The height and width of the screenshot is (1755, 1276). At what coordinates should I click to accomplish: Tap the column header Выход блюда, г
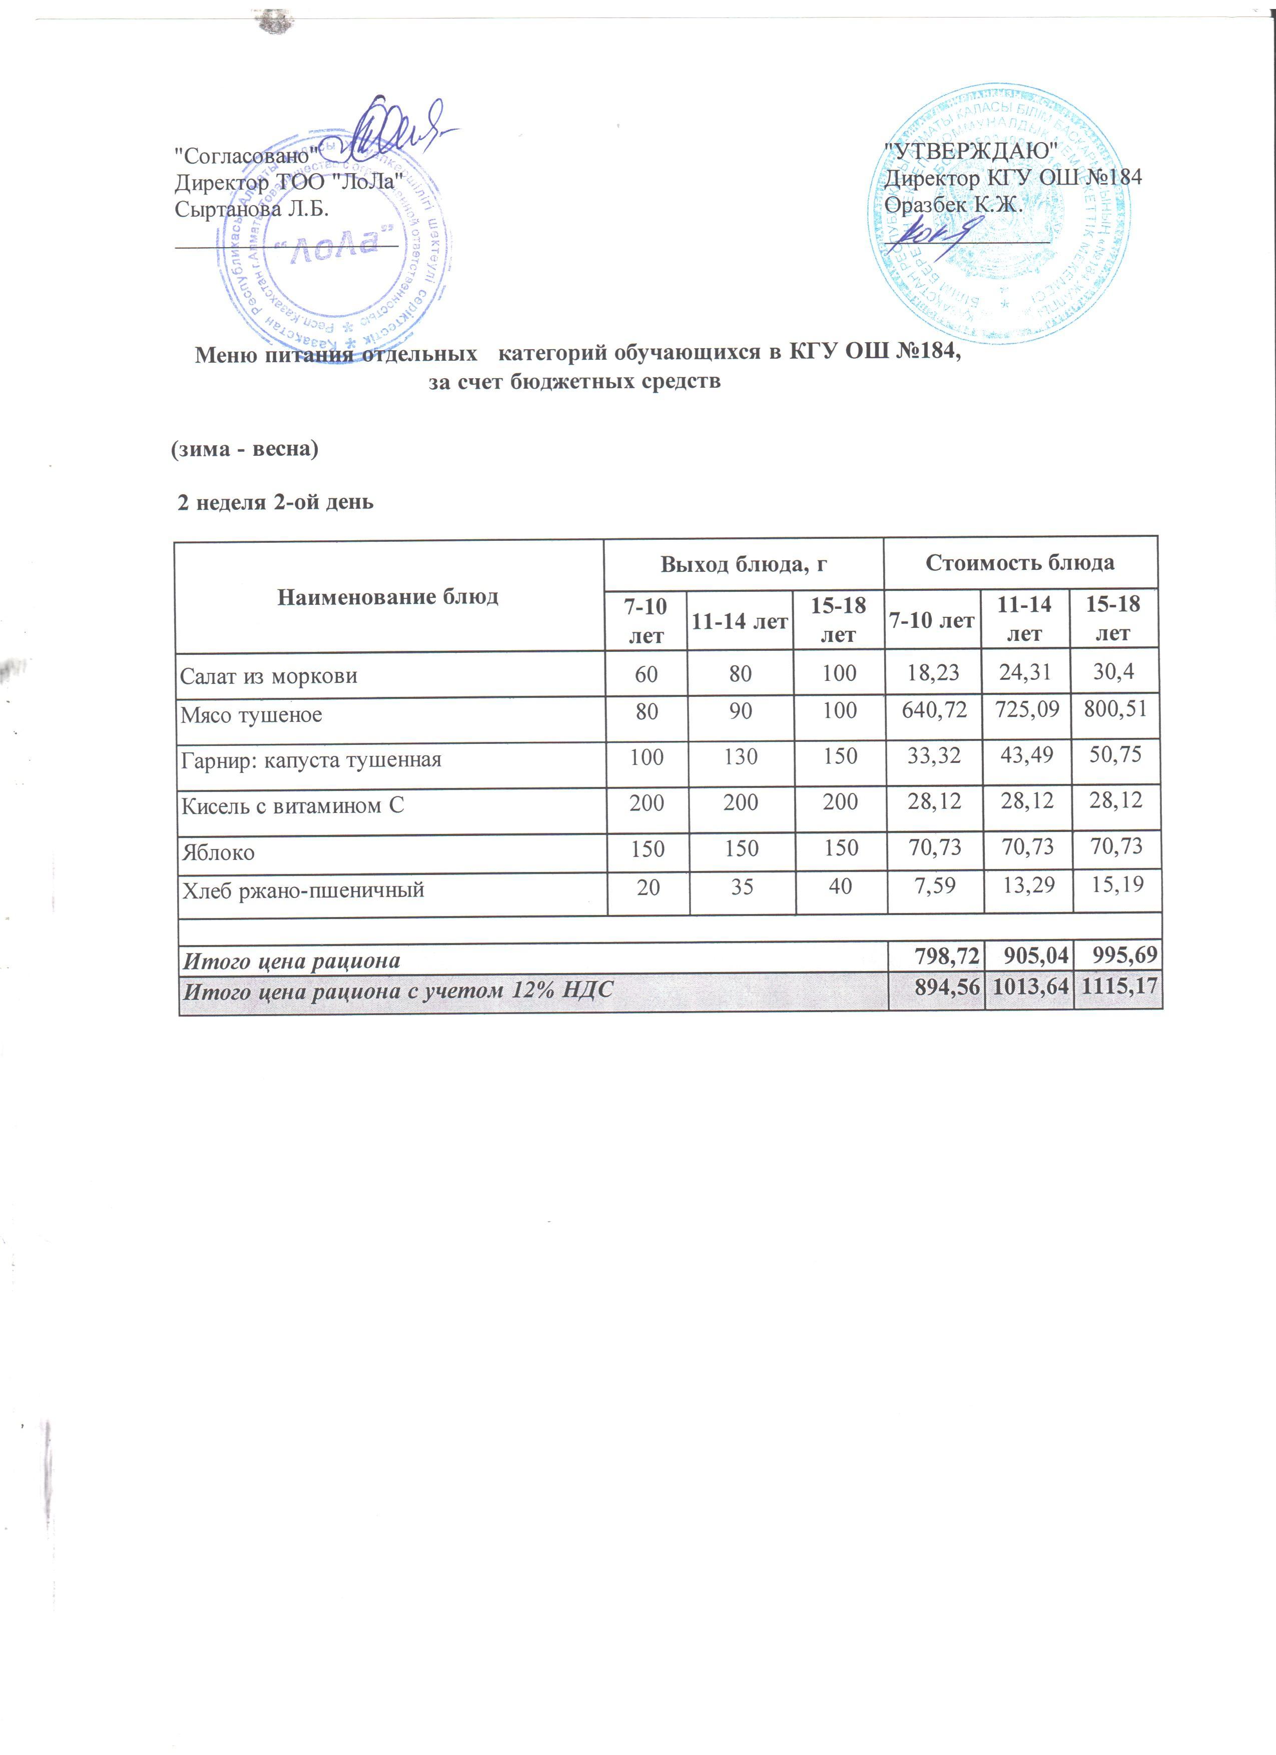point(743,565)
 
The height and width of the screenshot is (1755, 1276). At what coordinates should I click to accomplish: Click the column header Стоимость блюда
point(1020,562)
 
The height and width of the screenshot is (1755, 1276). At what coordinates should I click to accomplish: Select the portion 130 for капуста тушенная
point(741,756)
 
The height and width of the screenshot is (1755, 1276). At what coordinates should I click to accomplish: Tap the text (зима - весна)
point(244,449)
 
